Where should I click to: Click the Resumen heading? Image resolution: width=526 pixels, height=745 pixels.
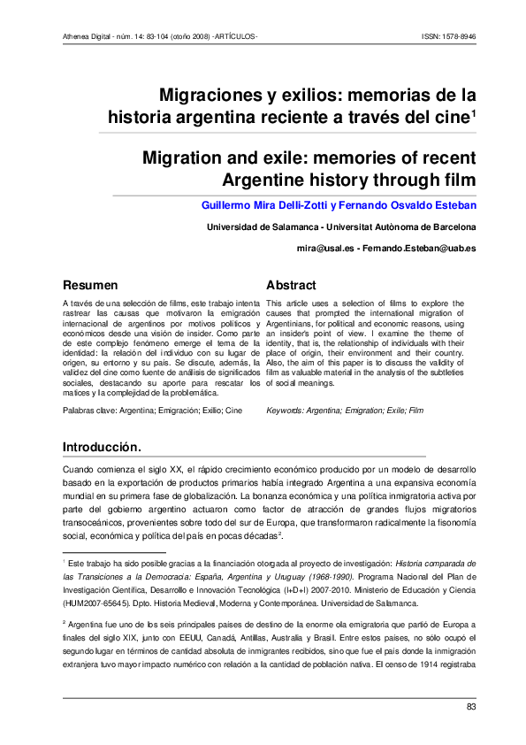click(89, 286)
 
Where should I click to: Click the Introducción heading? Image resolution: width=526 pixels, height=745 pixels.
click(102, 445)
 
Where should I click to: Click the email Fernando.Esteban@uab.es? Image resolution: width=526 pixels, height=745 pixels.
click(423, 249)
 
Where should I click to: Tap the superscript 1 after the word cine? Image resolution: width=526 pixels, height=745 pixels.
click(474, 112)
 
